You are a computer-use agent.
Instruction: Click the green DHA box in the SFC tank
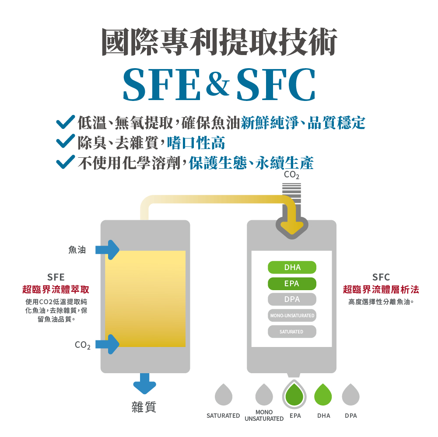pos(292,267)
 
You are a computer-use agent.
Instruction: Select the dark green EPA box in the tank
pos(292,283)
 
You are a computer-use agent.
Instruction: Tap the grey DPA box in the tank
pos(292,299)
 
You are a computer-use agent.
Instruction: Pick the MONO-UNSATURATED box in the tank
pos(292,316)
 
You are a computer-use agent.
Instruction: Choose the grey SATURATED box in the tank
pos(292,332)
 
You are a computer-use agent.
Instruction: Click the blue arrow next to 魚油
pos(108,250)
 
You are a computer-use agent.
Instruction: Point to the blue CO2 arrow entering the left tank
pos(108,344)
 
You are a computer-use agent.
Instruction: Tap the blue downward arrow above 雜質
pos(144,384)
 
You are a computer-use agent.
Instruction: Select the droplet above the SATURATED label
pos(223,395)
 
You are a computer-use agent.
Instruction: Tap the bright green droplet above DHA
pos(323,395)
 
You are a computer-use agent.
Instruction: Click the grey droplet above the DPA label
pos(350,395)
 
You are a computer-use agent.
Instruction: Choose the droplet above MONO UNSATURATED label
pos(264,395)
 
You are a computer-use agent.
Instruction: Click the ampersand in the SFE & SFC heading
pos(217,83)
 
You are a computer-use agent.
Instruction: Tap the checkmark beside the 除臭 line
pos(65,142)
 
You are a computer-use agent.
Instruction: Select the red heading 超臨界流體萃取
pos(56,289)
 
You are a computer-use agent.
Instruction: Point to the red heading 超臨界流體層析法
pos(381,289)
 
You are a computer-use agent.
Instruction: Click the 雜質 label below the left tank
pos(144,407)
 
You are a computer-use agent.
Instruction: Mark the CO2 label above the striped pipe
pos(291,175)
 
